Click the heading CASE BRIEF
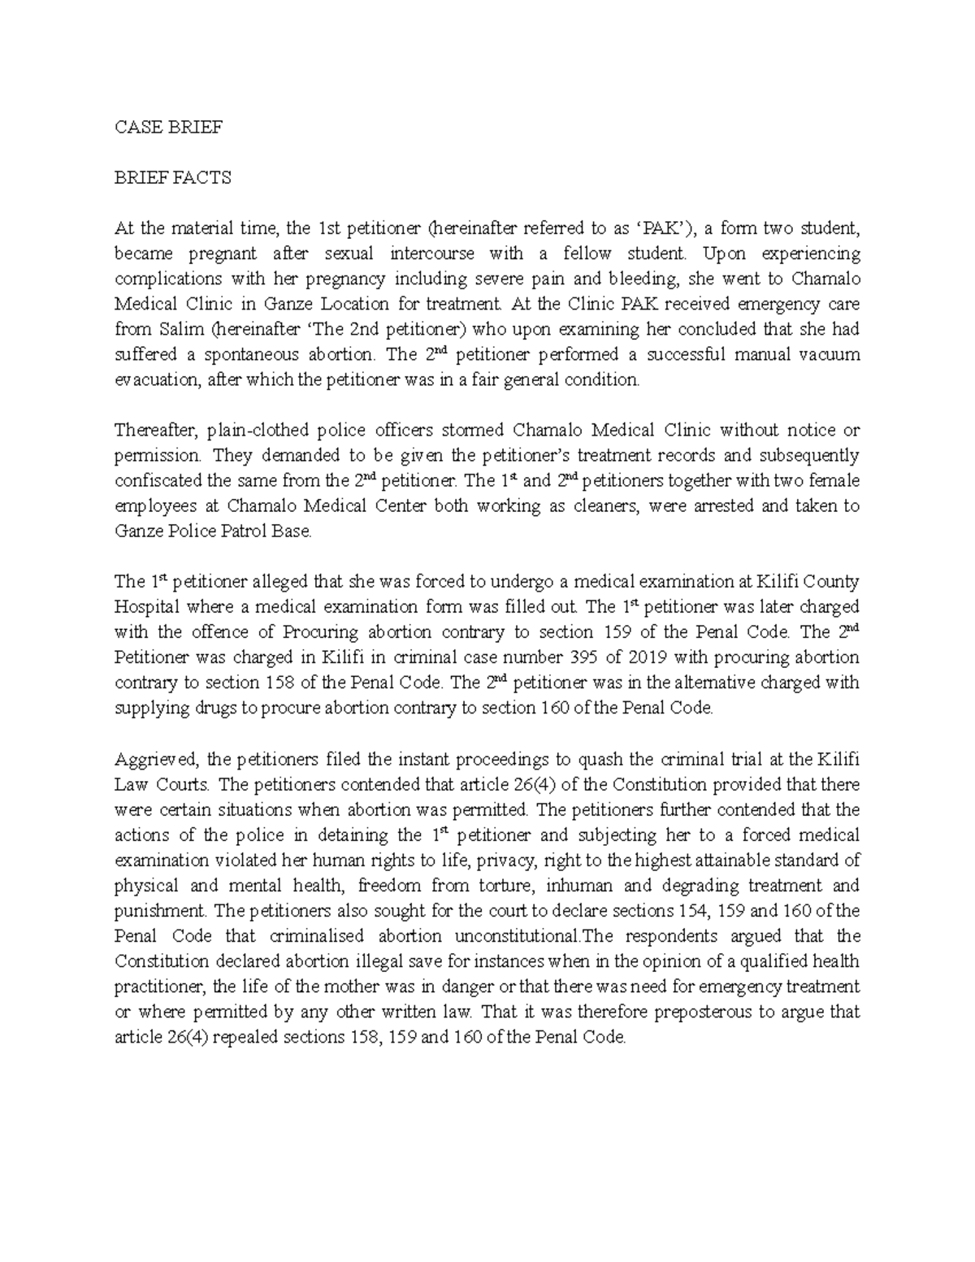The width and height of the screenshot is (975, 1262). tap(168, 128)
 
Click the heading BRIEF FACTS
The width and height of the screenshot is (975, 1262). tap(172, 178)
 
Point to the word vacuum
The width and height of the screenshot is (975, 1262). tap(831, 355)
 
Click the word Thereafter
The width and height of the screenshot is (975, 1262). tap(155, 431)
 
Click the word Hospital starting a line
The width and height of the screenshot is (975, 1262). tap(145, 607)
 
